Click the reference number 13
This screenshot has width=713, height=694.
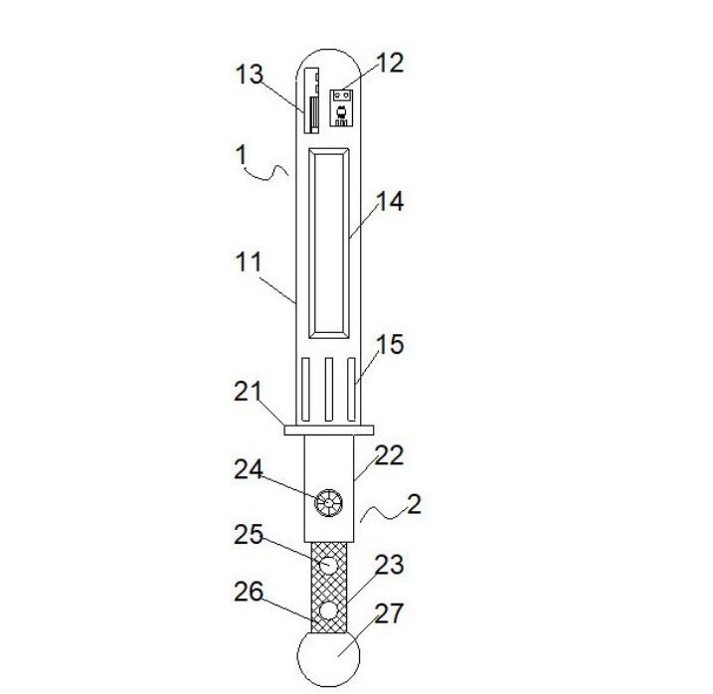(249, 75)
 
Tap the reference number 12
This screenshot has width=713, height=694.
(390, 63)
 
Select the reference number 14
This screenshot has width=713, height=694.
(390, 201)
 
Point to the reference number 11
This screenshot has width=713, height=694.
(249, 261)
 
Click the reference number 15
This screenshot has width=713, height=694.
(390, 344)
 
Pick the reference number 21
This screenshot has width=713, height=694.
(249, 391)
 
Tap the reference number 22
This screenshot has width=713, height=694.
(390, 454)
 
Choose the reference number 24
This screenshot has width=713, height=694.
(249, 469)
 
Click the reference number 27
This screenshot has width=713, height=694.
(390, 613)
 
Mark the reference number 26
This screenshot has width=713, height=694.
(249, 592)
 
